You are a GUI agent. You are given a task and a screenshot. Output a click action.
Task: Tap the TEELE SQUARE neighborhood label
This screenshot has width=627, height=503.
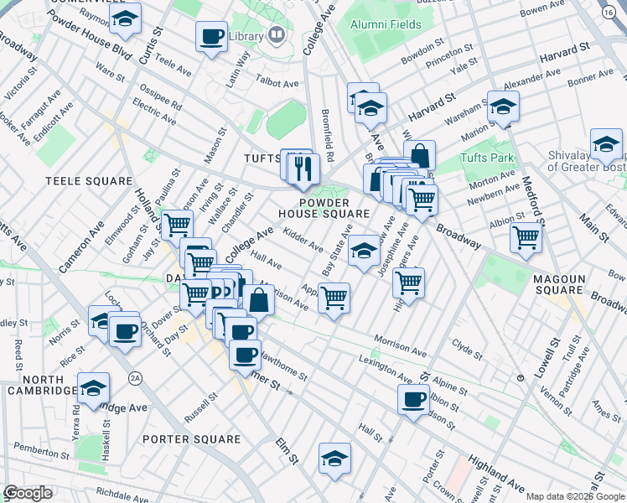(89, 181)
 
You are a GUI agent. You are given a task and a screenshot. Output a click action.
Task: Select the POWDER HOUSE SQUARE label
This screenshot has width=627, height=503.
(323, 207)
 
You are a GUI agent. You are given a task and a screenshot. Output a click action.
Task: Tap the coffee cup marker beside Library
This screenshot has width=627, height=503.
(211, 37)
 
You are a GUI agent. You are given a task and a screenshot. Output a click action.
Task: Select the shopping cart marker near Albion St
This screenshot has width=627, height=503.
(526, 237)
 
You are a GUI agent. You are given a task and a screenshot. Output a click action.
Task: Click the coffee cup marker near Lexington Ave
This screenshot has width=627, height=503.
(414, 400)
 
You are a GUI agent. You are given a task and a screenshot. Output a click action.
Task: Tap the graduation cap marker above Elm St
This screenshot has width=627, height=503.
(334, 459)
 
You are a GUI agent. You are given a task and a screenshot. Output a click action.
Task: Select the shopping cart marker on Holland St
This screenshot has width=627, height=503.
(177, 225)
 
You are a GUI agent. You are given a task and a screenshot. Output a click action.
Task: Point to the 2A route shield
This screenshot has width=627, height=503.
(134, 379)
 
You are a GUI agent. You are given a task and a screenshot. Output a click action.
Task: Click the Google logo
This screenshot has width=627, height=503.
(28, 493)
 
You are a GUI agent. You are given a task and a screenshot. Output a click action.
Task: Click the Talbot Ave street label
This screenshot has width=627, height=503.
(278, 84)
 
